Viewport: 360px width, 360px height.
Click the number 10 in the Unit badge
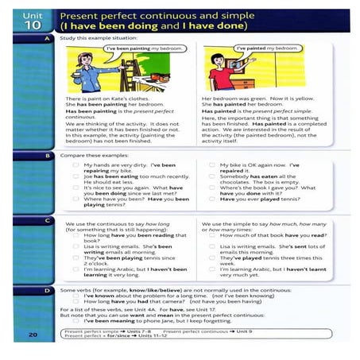pyautogui.click(x=27, y=24)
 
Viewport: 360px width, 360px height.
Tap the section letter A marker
pyautogui.click(x=49, y=38)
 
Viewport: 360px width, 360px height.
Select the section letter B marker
pyautogui.click(x=49, y=157)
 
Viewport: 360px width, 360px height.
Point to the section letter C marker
pyautogui.click(x=49, y=219)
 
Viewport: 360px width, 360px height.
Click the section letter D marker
pyautogui.click(x=49, y=292)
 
